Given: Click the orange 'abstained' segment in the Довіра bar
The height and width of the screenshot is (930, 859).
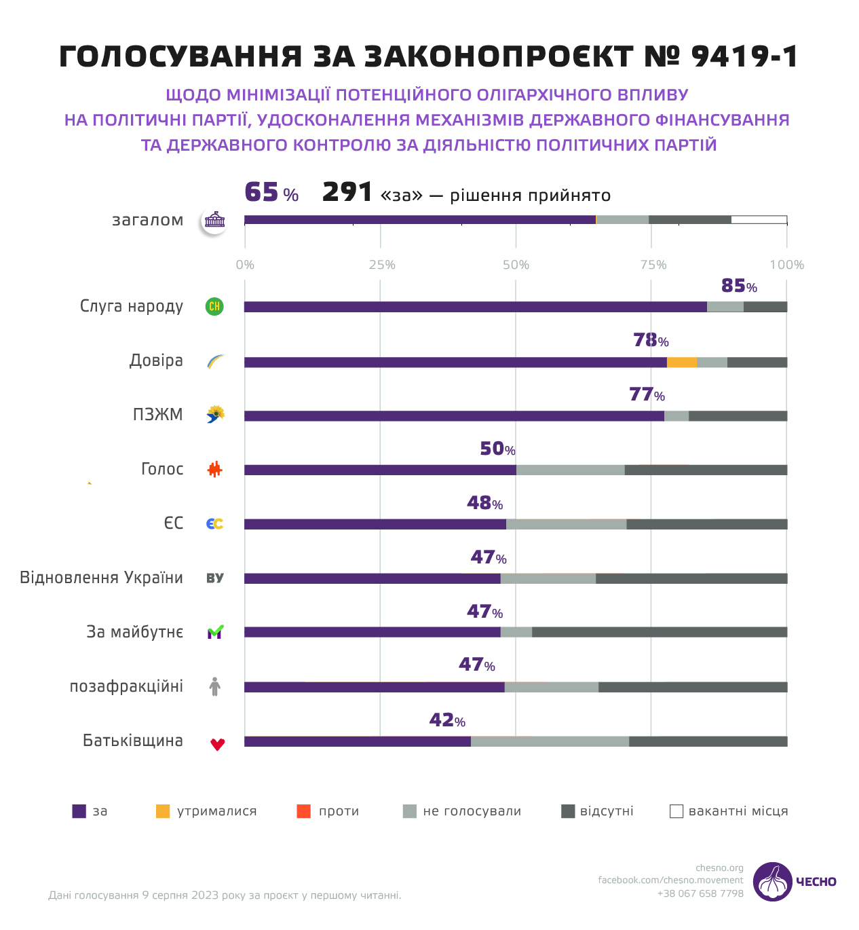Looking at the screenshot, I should tap(682, 362).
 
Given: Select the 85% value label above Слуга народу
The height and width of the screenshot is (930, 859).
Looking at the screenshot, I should tap(738, 286).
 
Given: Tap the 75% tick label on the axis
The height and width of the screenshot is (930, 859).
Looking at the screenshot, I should tap(653, 265).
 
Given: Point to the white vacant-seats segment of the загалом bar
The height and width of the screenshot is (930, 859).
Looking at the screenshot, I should tap(759, 219).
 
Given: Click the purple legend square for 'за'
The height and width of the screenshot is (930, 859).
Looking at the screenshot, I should tap(79, 811).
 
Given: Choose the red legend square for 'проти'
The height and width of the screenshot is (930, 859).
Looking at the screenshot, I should tap(304, 811).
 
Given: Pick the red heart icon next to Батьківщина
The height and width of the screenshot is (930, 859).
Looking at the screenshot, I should tap(217, 744).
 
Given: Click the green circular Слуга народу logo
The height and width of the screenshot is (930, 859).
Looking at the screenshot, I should tap(214, 307).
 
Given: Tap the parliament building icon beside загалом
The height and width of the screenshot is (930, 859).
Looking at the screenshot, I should tap(214, 220).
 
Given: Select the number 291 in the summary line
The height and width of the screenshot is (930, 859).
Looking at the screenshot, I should tap(347, 193).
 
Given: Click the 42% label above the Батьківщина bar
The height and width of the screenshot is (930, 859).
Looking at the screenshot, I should tap(447, 720).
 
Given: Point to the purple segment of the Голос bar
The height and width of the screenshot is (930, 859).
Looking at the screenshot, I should tap(380, 470).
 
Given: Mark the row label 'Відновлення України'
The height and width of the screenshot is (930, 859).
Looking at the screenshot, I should tap(101, 578).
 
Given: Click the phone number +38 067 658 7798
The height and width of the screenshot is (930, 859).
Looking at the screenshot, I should tap(700, 893).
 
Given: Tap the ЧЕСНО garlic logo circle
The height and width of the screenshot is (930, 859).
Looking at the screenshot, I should tap(772, 882).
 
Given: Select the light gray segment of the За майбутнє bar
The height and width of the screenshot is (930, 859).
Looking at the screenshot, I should tap(516, 633).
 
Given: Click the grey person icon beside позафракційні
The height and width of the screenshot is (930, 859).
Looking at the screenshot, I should tap(215, 686).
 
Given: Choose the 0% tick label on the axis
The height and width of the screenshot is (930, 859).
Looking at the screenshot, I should tap(245, 265).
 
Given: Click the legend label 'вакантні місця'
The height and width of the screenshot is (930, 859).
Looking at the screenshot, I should tap(738, 811).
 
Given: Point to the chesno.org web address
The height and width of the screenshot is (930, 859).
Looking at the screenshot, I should tap(719, 868).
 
